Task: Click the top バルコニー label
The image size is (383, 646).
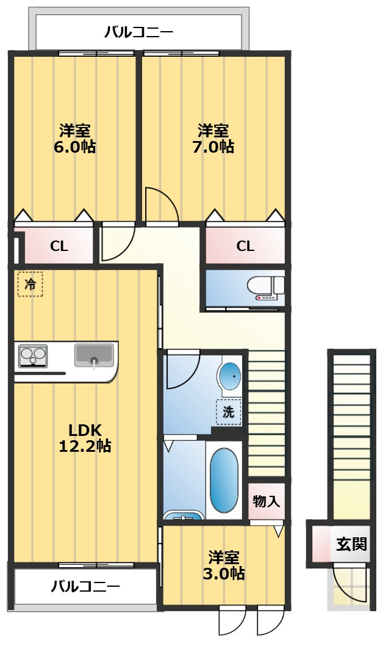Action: click(x=138, y=32)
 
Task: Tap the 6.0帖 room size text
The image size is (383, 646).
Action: click(x=75, y=147)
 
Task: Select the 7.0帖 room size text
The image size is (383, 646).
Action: click(x=213, y=147)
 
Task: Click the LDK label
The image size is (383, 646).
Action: click(x=85, y=430)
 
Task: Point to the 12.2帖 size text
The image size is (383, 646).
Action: click(x=85, y=446)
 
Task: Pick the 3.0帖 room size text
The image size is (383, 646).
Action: click(x=224, y=573)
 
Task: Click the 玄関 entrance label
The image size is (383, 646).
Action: click(x=351, y=544)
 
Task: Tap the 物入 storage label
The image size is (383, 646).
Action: click(x=266, y=501)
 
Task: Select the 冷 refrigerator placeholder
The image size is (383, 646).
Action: click(x=30, y=284)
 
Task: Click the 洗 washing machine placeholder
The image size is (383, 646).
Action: click(x=228, y=412)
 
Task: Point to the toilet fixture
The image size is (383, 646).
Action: click(x=266, y=288)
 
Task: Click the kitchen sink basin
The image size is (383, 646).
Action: click(x=94, y=355)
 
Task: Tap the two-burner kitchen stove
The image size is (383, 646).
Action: click(x=34, y=357)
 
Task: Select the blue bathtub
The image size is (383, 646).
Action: click(x=224, y=480)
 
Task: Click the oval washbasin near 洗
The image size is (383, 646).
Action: click(x=229, y=376)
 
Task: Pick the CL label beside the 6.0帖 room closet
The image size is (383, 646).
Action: click(x=59, y=246)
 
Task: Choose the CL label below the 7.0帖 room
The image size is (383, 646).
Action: click(x=245, y=246)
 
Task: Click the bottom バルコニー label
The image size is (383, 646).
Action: click(x=85, y=586)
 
